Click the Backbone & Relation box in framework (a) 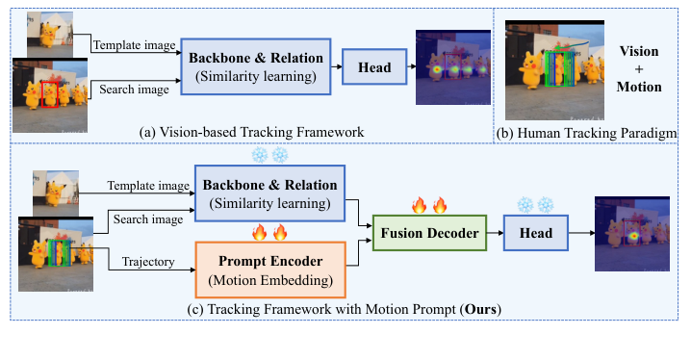tap(261, 67)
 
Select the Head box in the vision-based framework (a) tap(372, 67)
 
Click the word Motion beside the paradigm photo tap(640, 87)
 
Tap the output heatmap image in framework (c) tap(629, 231)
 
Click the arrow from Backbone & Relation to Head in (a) tap(335, 67)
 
